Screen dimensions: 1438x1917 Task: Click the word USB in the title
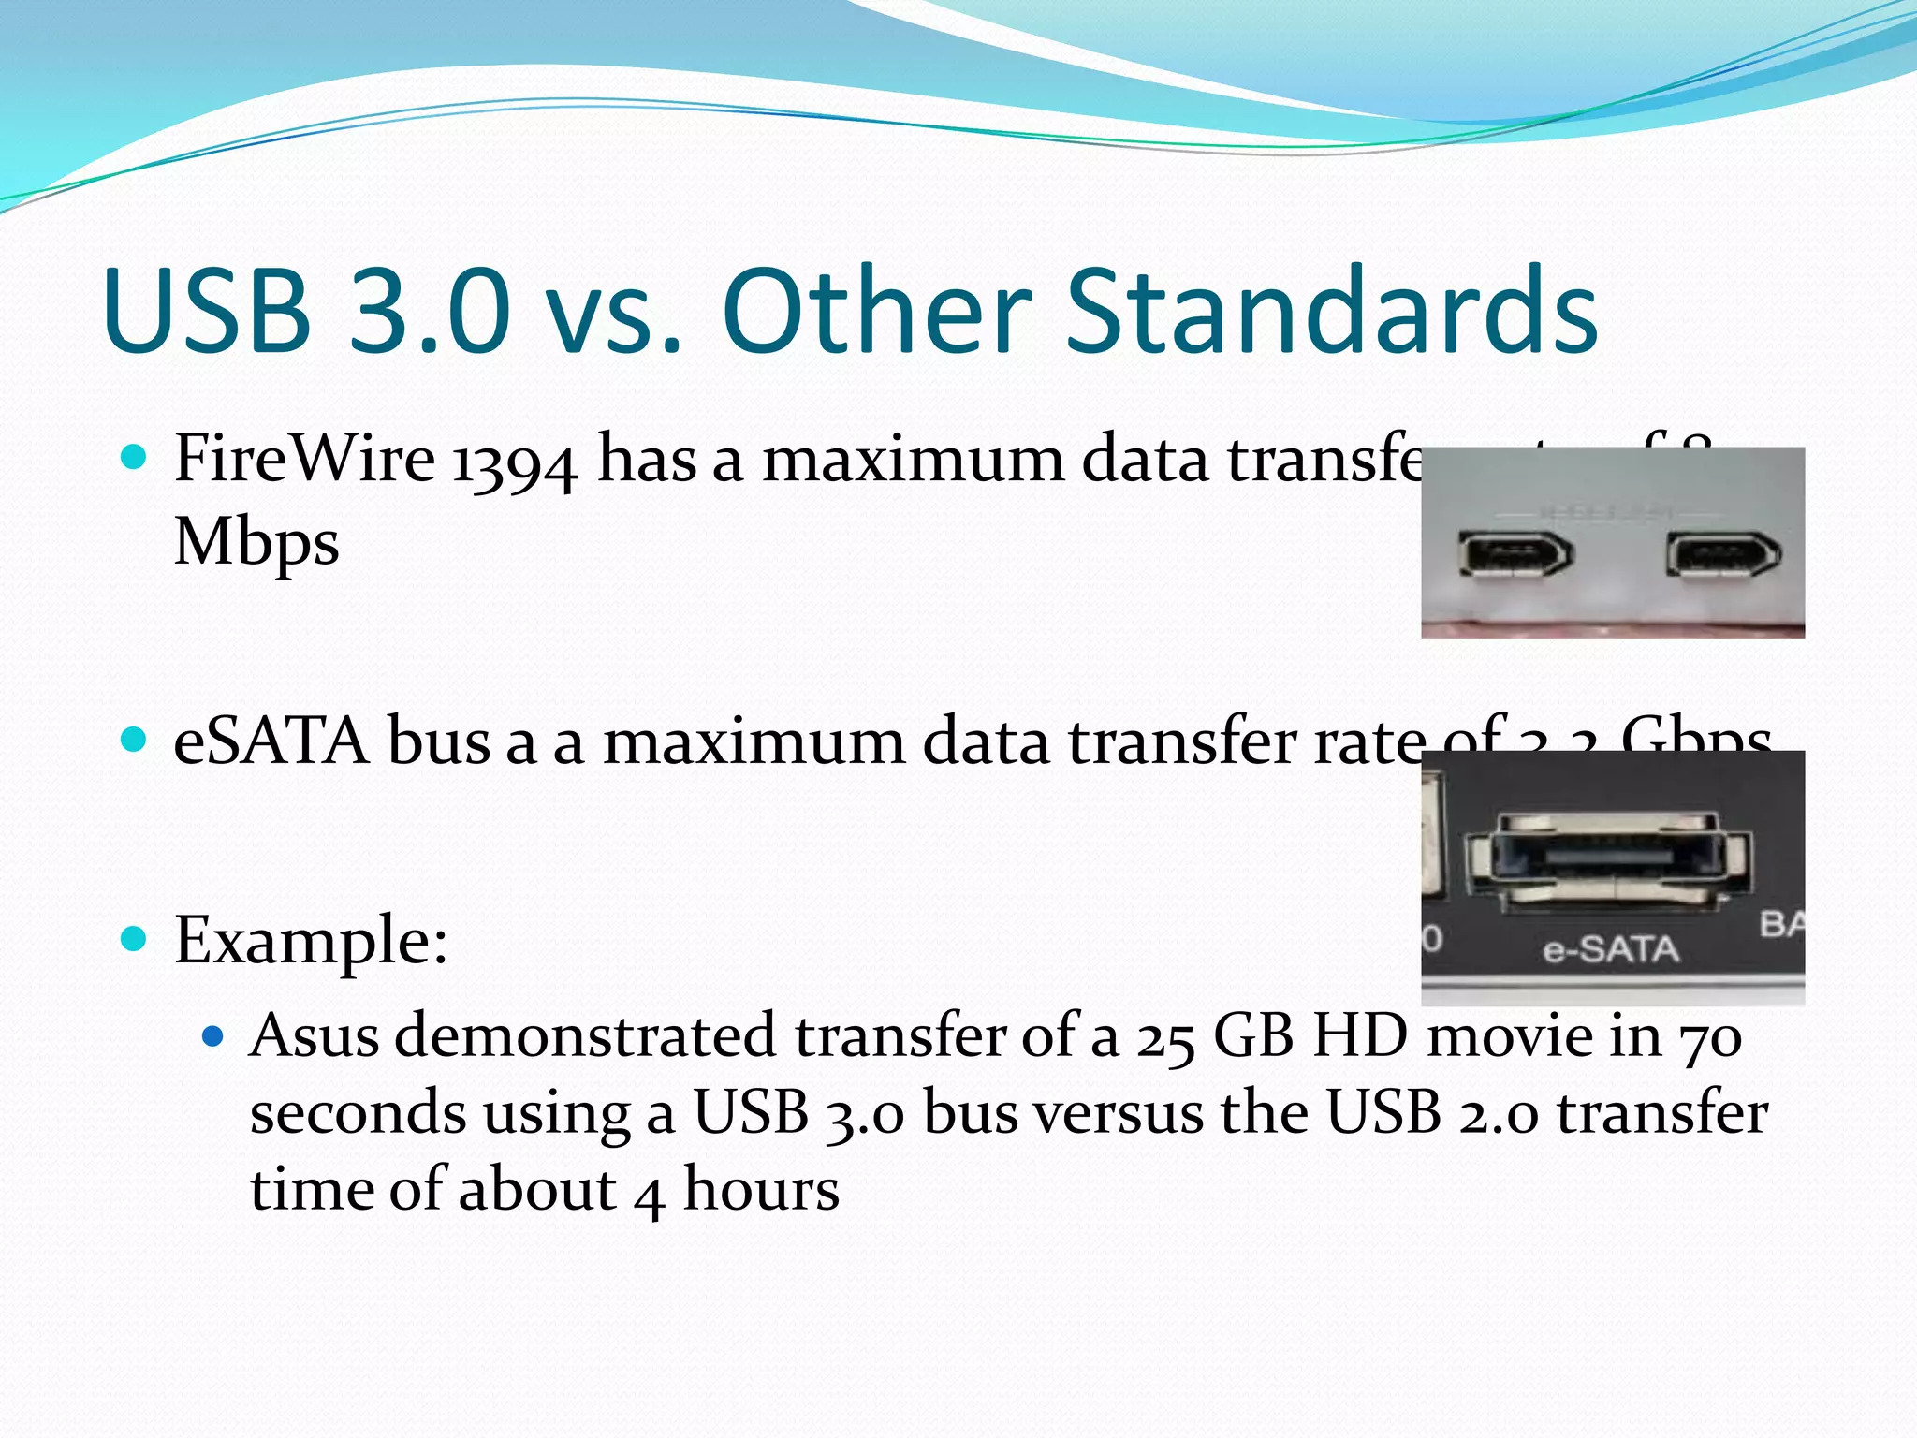[x=208, y=312]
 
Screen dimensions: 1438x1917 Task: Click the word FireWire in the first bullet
[x=304, y=460]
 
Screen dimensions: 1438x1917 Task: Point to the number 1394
[x=514, y=463]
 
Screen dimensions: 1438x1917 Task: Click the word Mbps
[x=256, y=543]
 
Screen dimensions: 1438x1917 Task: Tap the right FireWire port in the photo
[x=1723, y=554]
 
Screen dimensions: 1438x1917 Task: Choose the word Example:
[x=311, y=940]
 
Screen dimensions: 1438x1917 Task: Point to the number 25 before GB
[x=1165, y=1038]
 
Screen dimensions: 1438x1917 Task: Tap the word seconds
[x=359, y=1114]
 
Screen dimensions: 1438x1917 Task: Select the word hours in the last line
[x=761, y=1191]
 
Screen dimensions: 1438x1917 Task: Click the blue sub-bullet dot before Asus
[x=213, y=1036]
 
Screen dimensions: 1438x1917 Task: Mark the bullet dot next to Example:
[x=135, y=938]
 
